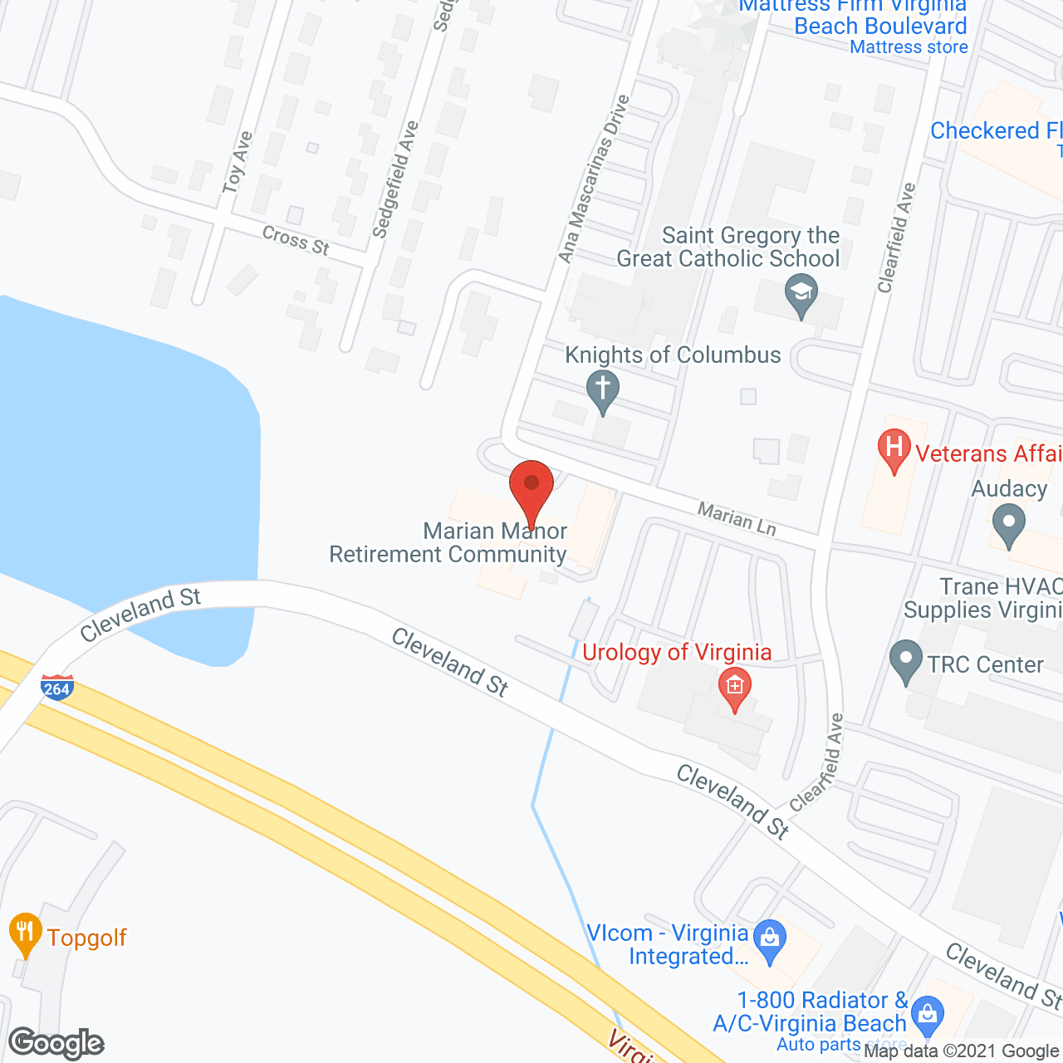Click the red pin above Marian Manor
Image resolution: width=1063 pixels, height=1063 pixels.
click(x=531, y=490)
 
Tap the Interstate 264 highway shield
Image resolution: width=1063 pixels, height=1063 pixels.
click(x=57, y=688)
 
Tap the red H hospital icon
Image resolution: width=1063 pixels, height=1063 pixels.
click(x=894, y=449)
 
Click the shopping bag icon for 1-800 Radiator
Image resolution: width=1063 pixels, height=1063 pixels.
click(x=927, y=1015)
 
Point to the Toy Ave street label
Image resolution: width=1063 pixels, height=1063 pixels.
click(x=237, y=163)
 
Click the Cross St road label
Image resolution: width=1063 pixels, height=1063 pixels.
click(x=296, y=240)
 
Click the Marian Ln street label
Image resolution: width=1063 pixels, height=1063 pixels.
click(x=737, y=518)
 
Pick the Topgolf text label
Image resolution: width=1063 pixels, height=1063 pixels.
click(x=87, y=938)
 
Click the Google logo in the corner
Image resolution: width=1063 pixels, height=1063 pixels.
click(x=56, y=1043)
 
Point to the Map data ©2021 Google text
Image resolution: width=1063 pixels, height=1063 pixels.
click(x=961, y=1051)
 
